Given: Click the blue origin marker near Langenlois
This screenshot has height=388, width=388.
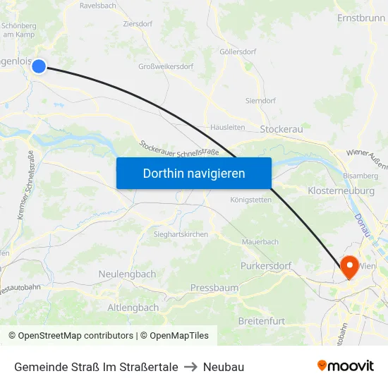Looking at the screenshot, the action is (x=39, y=66).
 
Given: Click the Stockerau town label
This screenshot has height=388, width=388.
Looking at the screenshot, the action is (x=281, y=130).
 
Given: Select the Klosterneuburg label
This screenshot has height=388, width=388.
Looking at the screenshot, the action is (x=341, y=191).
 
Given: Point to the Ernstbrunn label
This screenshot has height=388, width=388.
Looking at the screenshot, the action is (x=361, y=18).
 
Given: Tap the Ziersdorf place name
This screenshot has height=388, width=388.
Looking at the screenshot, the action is (x=137, y=23).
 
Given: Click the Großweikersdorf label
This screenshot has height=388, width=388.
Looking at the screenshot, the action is (x=167, y=68).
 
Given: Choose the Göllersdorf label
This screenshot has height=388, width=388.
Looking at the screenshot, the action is (x=238, y=52).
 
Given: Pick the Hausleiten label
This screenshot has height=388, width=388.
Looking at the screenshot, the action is (x=228, y=128).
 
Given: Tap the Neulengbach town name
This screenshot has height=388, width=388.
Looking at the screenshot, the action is (x=128, y=274).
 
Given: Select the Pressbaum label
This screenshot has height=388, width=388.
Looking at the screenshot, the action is (x=214, y=288).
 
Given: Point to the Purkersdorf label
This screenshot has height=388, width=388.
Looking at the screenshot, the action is (x=266, y=266).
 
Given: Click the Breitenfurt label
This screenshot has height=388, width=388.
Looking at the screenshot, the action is (x=262, y=321).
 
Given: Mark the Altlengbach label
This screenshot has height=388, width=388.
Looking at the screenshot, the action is (x=133, y=308).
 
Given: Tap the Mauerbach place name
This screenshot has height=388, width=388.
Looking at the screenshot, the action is (x=260, y=242).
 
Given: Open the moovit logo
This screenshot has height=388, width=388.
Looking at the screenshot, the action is (x=345, y=365).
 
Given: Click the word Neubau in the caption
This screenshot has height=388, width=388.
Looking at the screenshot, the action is (x=223, y=367).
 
